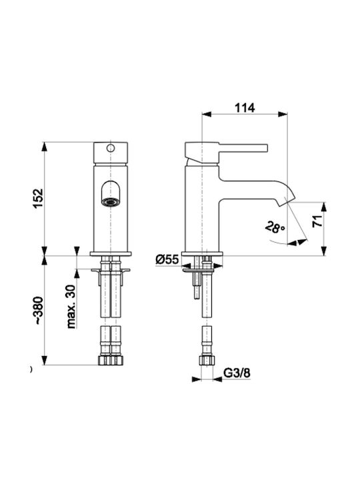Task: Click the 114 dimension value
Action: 245,108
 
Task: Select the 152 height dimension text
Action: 39,199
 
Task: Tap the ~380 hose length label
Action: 39,311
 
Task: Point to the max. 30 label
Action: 71,307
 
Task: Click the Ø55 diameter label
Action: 167,259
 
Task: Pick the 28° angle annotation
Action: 275,227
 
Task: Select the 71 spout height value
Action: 317,221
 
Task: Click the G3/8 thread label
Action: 237,373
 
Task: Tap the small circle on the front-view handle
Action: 111,148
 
